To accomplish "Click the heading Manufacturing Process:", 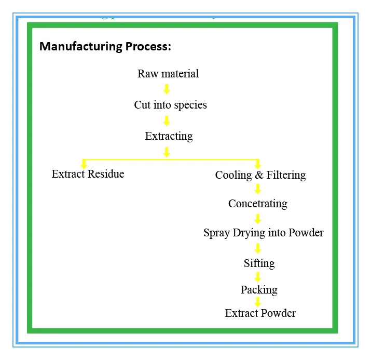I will point(105,46).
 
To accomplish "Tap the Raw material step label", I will point(168,74).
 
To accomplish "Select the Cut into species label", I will point(170,105).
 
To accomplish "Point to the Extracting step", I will point(169,136).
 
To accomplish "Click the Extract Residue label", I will point(88,174).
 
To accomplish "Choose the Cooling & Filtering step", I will point(260,175).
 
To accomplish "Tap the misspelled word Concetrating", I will point(257,204).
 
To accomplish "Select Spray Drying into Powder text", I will point(263,233).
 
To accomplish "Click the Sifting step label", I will point(259,263).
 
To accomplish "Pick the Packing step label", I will point(259,290).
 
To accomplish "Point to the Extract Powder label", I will point(260,313).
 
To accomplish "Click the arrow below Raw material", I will point(167,89).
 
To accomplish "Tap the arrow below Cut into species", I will point(167,121).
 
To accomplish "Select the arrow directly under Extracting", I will point(167,152).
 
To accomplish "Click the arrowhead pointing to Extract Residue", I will point(84,165).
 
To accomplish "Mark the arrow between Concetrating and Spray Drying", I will point(257,218).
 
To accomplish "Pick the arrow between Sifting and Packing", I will point(257,277).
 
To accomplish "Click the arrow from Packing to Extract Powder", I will point(257,301).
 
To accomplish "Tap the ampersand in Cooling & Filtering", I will point(259,175).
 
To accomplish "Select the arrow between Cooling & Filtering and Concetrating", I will point(257,189).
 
